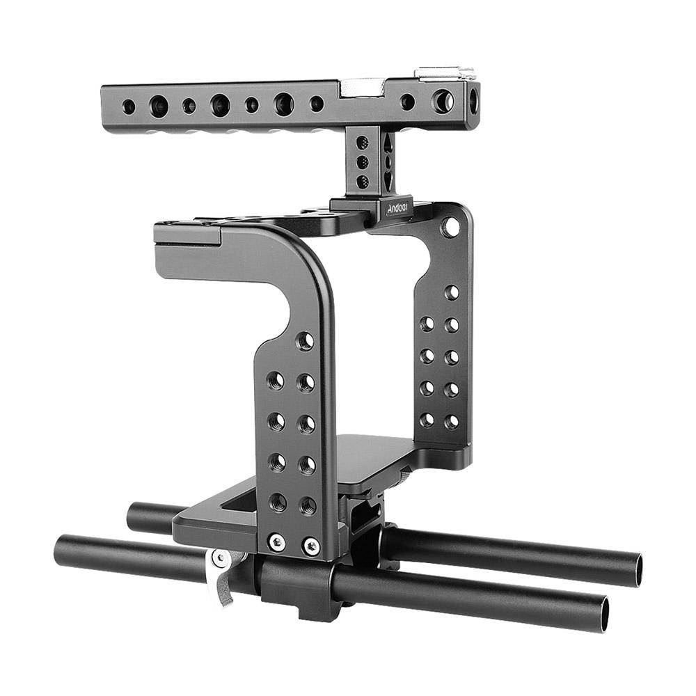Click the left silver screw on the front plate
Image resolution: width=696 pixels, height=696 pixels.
(277, 541)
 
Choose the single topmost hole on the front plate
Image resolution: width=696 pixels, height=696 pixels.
(304, 341)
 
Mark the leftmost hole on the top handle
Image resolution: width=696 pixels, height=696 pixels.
(129, 106)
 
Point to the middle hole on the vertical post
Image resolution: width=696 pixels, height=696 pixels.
(363, 162)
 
